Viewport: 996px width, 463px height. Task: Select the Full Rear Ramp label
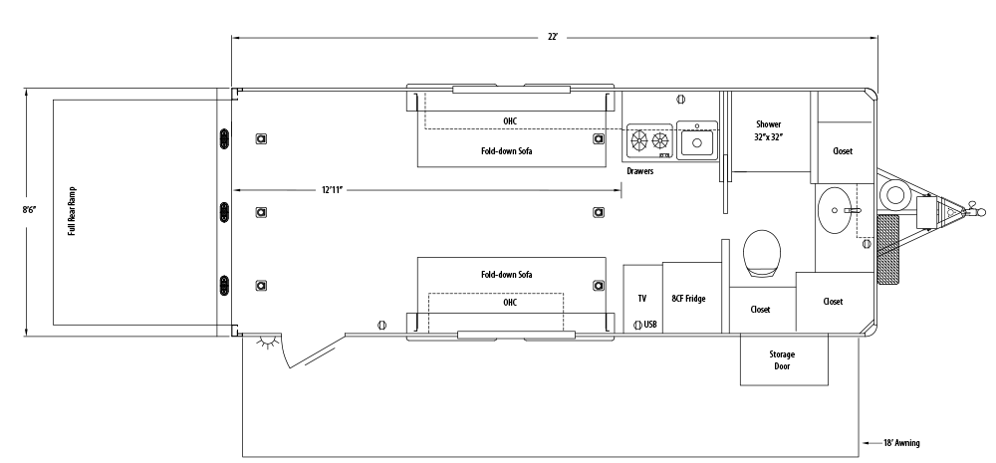(73, 211)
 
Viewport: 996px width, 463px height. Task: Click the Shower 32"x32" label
(768, 130)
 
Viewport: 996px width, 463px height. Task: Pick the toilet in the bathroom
(762, 253)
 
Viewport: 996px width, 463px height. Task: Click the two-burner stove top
(647, 142)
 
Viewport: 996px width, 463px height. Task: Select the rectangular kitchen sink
(697, 141)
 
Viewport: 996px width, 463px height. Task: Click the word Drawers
(639, 171)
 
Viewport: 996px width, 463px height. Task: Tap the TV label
(641, 298)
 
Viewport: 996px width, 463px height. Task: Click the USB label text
(650, 325)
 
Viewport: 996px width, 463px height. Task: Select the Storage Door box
(783, 359)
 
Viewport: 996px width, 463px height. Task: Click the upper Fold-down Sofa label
(507, 152)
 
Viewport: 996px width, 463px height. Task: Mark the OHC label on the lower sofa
(509, 302)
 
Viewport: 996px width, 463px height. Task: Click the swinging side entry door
(311, 353)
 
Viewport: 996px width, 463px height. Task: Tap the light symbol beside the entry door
(265, 344)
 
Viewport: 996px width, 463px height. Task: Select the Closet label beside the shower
(843, 150)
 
